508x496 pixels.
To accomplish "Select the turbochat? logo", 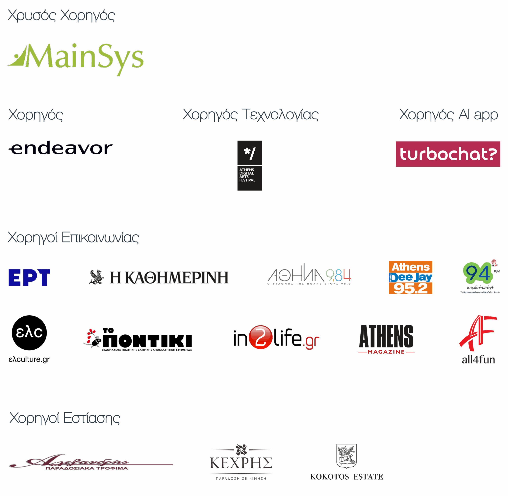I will click(448, 154).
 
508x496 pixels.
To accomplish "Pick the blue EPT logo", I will click(29, 277).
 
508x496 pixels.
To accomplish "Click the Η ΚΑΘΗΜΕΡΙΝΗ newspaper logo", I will click(159, 277).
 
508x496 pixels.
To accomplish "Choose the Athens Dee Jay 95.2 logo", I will click(410, 277).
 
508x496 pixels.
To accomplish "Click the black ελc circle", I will click(29, 333).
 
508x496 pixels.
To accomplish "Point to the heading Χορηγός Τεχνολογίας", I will click(250, 115).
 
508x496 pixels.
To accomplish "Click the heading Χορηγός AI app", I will click(448, 115).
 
